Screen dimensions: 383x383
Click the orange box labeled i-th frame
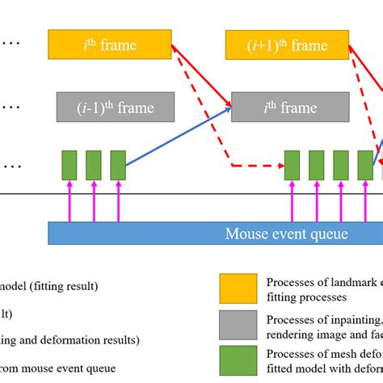[107, 45]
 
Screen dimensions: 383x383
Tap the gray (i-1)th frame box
[116, 107]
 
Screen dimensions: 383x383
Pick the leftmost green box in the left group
[69, 165]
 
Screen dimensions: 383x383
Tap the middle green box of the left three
[94, 165]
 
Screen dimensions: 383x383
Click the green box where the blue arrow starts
[118, 165]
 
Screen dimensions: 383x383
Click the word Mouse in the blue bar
[246, 234]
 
